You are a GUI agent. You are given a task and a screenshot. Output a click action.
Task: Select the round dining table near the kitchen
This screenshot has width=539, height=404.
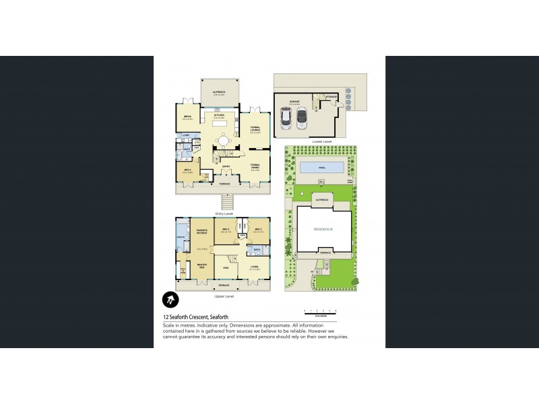(222, 143)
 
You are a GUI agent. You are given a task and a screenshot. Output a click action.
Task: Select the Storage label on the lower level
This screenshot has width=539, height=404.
(331, 97)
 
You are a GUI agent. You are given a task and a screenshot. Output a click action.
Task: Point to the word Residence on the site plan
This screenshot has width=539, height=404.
(323, 229)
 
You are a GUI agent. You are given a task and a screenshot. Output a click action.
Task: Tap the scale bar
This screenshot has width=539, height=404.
(320, 311)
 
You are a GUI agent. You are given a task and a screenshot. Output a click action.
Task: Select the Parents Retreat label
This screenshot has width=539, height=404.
(201, 233)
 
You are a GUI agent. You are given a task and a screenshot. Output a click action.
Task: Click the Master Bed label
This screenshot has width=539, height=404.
(201, 265)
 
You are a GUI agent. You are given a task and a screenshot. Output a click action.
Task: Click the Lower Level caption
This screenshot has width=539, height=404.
(322, 141)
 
